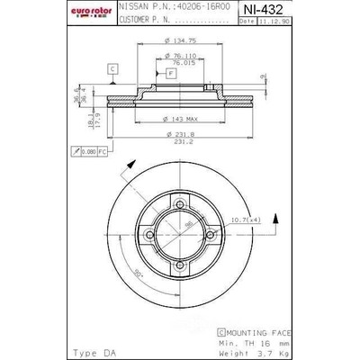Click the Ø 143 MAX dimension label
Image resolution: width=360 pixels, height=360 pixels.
pos(179,119)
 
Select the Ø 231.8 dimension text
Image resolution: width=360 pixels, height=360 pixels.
pos(181,135)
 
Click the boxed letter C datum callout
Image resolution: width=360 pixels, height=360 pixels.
pos(112,68)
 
